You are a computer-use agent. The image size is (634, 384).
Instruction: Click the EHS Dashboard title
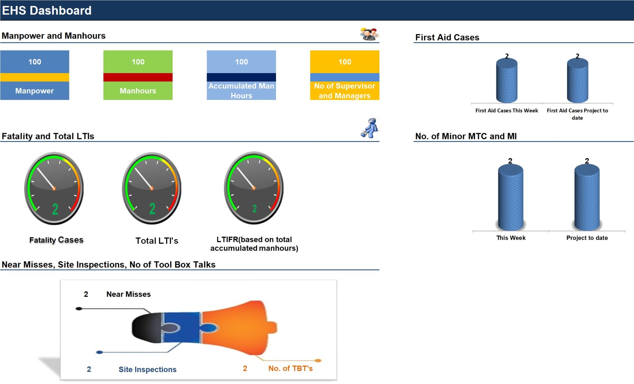(x=47, y=11)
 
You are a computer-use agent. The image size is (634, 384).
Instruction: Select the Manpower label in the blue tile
(x=34, y=91)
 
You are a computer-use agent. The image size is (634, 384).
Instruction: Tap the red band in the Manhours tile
(x=138, y=77)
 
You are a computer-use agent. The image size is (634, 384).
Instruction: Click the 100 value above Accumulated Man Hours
(x=241, y=62)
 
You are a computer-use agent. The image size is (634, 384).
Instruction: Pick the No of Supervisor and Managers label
(x=344, y=91)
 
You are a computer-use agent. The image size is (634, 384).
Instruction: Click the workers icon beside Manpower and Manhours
(x=369, y=34)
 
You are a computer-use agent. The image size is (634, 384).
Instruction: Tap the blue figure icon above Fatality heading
(x=370, y=128)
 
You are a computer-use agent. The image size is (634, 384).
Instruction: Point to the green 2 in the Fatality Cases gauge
(x=55, y=209)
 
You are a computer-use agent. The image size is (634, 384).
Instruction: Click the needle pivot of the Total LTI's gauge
(x=152, y=189)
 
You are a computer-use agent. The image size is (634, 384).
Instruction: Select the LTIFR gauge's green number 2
(x=254, y=209)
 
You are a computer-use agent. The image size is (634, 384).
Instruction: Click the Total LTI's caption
(x=157, y=241)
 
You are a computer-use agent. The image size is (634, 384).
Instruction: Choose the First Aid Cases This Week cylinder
(x=507, y=81)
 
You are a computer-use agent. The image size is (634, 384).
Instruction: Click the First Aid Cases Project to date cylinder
(x=577, y=81)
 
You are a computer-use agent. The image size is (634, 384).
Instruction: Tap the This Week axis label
(x=511, y=238)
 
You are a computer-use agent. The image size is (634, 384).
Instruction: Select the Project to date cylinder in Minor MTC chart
(x=587, y=198)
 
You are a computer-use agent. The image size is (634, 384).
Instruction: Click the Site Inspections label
(x=147, y=369)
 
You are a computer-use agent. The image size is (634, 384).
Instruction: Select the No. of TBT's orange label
(x=290, y=368)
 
